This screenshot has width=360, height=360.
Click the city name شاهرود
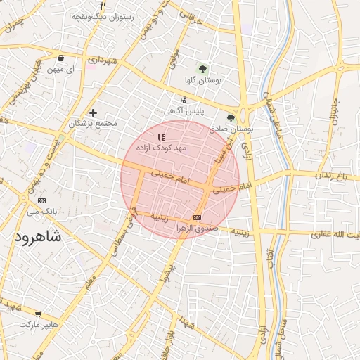(37, 237)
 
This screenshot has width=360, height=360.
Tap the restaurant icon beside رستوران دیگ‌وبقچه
(103, 6)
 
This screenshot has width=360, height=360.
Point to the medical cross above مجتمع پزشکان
(93, 112)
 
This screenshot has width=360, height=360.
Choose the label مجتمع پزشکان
(93, 124)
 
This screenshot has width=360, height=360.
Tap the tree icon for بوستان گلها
(202, 69)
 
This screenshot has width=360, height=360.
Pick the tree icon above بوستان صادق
(231, 118)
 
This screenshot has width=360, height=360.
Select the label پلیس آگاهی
(184, 111)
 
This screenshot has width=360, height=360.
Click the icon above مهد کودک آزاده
(161, 137)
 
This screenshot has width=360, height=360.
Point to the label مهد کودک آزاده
(160, 148)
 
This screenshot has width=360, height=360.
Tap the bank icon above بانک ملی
(41, 200)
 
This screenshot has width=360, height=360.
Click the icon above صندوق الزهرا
(196, 217)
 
